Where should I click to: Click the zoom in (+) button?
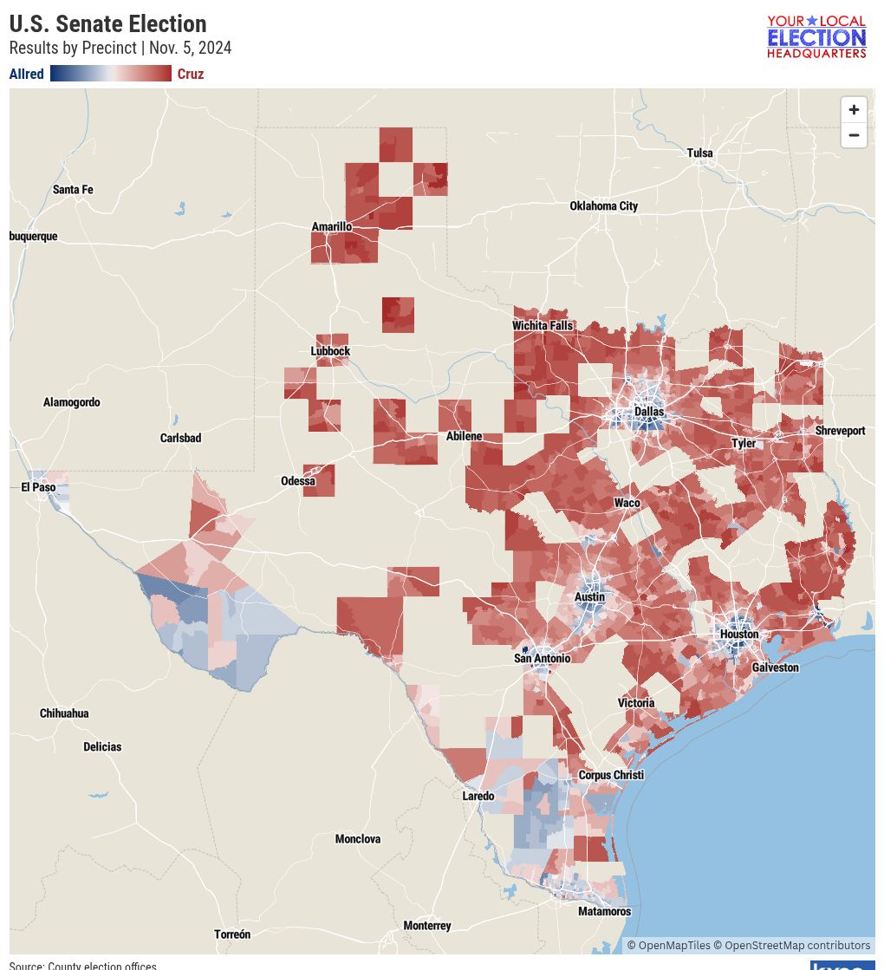[854, 110]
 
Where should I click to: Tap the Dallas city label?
[648, 412]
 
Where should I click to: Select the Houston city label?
[739, 635]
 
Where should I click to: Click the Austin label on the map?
[589, 597]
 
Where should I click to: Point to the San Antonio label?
[542, 659]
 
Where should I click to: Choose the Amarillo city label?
[331, 227]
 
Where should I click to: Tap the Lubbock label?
[330, 351]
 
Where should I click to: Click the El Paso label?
[38, 488]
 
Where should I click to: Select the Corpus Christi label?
[611, 775]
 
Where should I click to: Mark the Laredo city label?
[478, 796]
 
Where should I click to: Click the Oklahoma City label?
[603, 206]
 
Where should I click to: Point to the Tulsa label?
[699, 153]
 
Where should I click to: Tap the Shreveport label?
[840, 431]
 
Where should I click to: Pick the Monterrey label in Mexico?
[426, 926]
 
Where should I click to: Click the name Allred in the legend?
[26, 75]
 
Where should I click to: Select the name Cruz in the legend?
[191, 75]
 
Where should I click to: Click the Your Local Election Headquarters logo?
[816, 36]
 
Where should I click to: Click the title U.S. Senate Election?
[107, 23]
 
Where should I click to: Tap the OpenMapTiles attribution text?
[668, 946]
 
